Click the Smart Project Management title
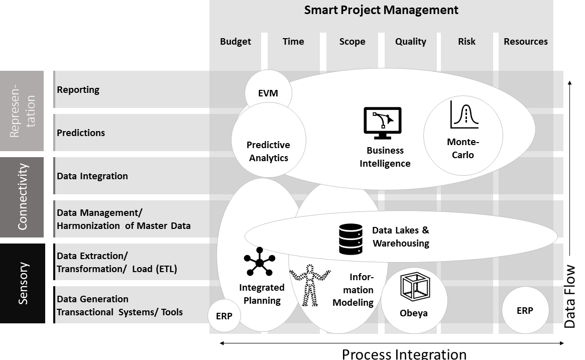381,10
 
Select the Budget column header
236,42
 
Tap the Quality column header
410,42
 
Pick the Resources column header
525,42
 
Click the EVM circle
268,93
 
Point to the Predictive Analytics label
268,151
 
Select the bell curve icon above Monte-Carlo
464,115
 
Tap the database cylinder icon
351,239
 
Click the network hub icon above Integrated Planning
259,262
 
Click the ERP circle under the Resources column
525,311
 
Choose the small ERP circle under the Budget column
224,316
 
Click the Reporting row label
78,90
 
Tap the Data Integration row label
92,176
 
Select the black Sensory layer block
23,283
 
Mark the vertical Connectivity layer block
23,197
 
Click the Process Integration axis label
404,353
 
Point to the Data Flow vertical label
570,297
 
